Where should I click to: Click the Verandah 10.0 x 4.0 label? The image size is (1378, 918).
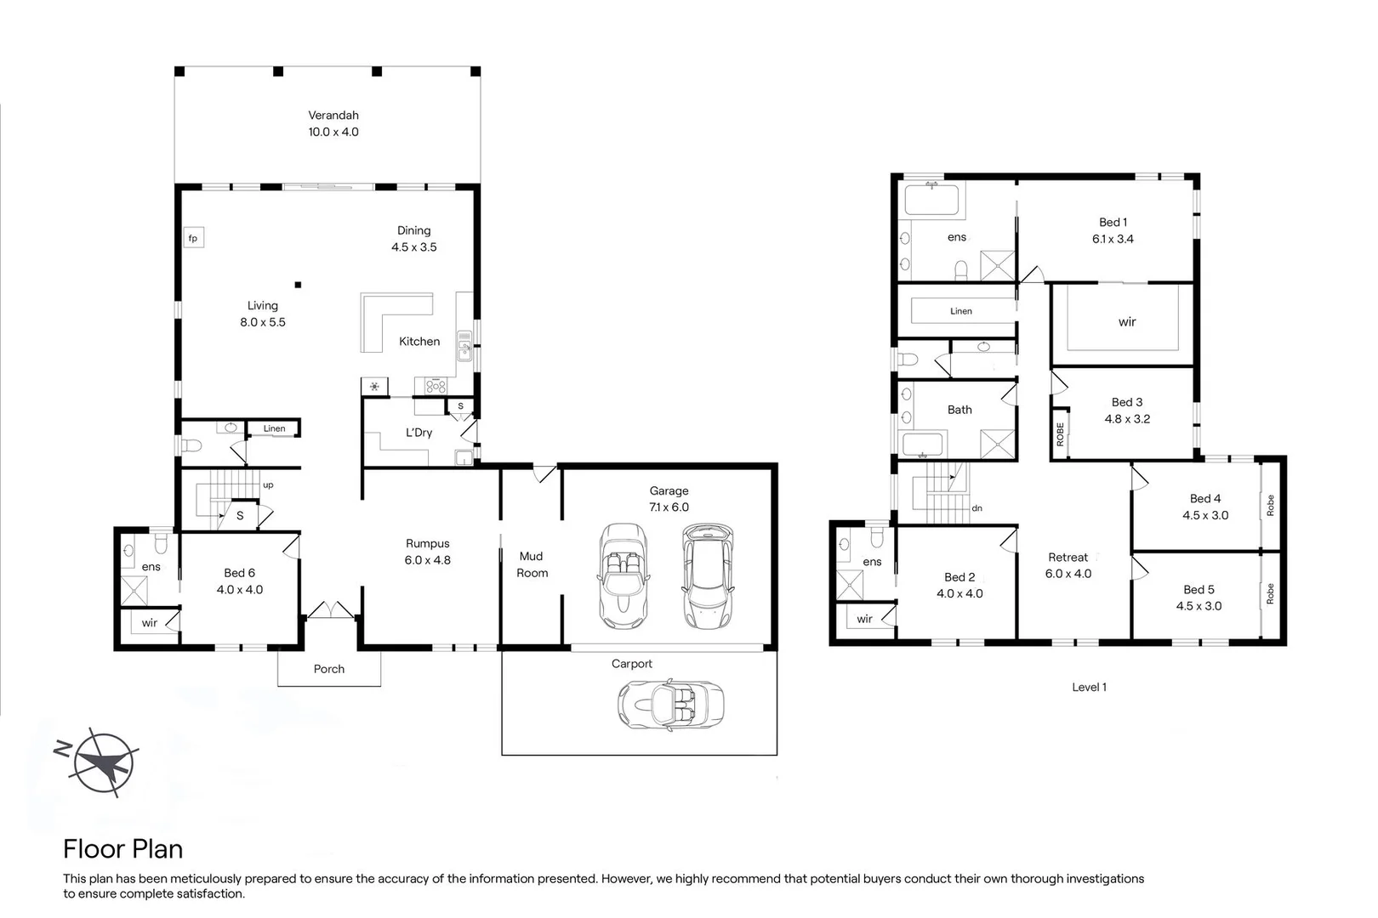coord(333,123)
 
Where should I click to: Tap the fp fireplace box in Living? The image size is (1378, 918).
coord(193,238)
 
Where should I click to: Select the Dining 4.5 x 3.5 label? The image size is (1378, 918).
coord(413,239)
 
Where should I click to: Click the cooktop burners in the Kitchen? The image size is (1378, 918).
coord(436,386)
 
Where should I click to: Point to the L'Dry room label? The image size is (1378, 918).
coord(419,433)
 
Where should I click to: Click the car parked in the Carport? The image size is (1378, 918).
coord(672,704)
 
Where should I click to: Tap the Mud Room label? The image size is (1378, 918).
coord(532,564)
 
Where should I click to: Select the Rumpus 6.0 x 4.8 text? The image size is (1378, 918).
coord(427,552)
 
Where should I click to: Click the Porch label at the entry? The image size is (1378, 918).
coord(329,669)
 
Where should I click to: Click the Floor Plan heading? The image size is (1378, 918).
coord(123,849)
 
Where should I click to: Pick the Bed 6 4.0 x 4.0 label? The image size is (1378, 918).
coord(239,581)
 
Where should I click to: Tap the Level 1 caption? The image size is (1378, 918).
coord(1089,687)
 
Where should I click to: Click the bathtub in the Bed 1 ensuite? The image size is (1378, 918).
coord(931,201)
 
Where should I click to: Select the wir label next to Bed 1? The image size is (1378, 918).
coord(1127,322)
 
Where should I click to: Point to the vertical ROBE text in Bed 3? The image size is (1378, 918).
coord(1061,433)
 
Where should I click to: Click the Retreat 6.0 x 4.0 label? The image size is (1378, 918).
coord(1068,565)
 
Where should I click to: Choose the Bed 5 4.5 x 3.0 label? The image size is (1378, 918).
coord(1199,598)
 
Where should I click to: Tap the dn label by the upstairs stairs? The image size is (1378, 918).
coord(977,508)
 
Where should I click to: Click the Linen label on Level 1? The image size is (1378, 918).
coord(961,311)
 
